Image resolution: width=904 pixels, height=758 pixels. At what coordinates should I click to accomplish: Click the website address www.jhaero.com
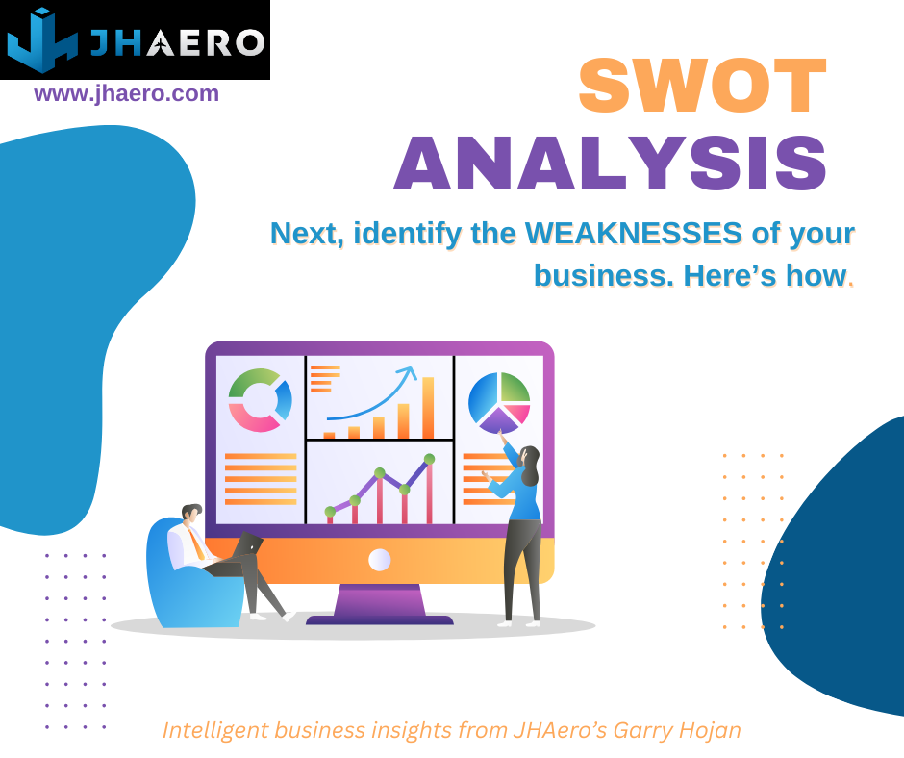coord(126,93)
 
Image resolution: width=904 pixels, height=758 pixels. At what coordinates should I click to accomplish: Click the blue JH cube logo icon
coord(42,39)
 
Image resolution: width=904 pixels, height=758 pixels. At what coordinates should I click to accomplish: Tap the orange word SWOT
coord(702,86)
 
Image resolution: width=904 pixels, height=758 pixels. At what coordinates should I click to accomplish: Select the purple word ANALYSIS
coord(610,164)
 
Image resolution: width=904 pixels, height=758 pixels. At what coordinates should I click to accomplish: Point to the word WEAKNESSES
coord(633,233)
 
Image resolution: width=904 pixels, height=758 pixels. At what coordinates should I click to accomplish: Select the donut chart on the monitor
coord(260,400)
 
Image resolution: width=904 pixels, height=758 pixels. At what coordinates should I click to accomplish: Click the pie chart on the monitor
coord(499,403)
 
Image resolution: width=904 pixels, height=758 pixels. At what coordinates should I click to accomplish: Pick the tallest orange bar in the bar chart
coord(428,408)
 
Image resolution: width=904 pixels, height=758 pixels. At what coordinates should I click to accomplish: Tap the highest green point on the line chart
coord(430,459)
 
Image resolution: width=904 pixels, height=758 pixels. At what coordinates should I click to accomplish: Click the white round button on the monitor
coord(379,560)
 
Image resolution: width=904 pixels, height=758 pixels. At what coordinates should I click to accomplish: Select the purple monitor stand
coord(379,604)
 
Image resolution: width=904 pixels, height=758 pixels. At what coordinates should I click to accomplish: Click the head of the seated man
coord(191,513)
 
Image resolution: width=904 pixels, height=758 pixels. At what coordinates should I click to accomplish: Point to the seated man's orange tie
coord(196,543)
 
